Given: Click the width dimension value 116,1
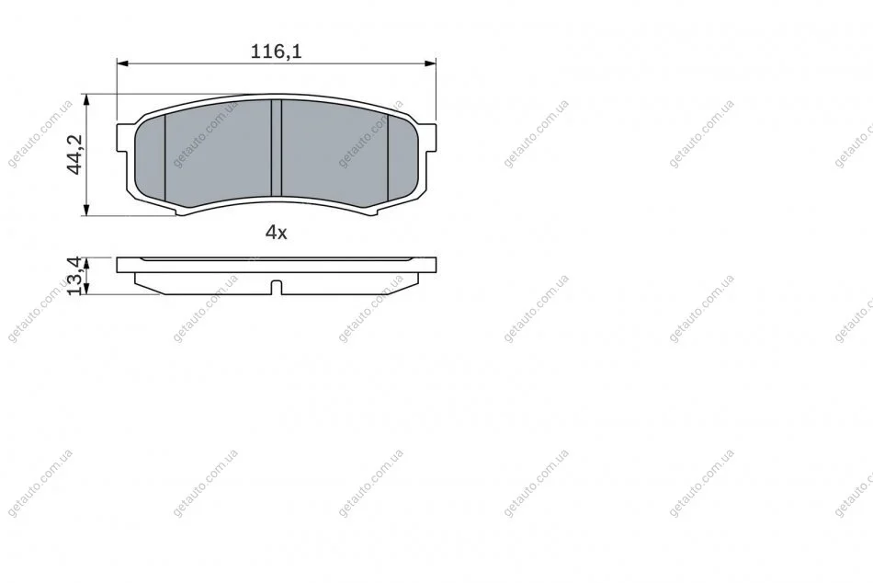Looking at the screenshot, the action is [x=277, y=51].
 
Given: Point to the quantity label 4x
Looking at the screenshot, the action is [x=277, y=233].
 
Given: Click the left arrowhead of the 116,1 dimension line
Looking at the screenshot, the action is [x=122, y=63].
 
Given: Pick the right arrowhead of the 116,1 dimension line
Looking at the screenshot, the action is [x=430, y=63].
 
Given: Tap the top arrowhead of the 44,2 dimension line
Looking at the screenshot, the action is [x=85, y=99].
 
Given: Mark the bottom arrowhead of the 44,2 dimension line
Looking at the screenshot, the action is [x=85, y=210].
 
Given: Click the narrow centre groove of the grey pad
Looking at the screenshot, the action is [x=277, y=148].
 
